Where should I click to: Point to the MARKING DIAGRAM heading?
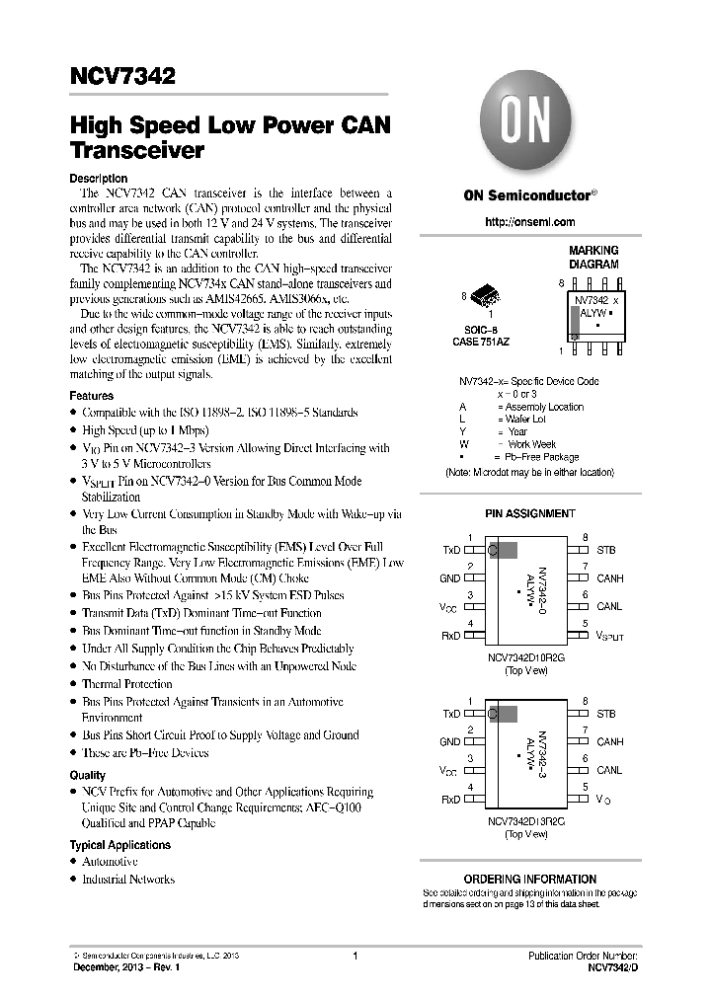click(x=592, y=258)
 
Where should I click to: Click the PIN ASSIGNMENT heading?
click(x=529, y=513)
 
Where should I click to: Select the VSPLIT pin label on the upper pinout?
click(x=609, y=638)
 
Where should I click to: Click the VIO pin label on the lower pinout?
click(x=603, y=801)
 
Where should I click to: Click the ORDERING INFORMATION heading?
click(x=529, y=879)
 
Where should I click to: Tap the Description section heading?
click(x=98, y=178)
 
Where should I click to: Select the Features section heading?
click(x=91, y=395)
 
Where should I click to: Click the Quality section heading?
click(x=87, y=775)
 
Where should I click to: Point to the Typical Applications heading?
click(x=119, y=845)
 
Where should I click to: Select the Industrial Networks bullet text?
click(x=128, y=879)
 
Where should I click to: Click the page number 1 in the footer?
click(x=354, y=957)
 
